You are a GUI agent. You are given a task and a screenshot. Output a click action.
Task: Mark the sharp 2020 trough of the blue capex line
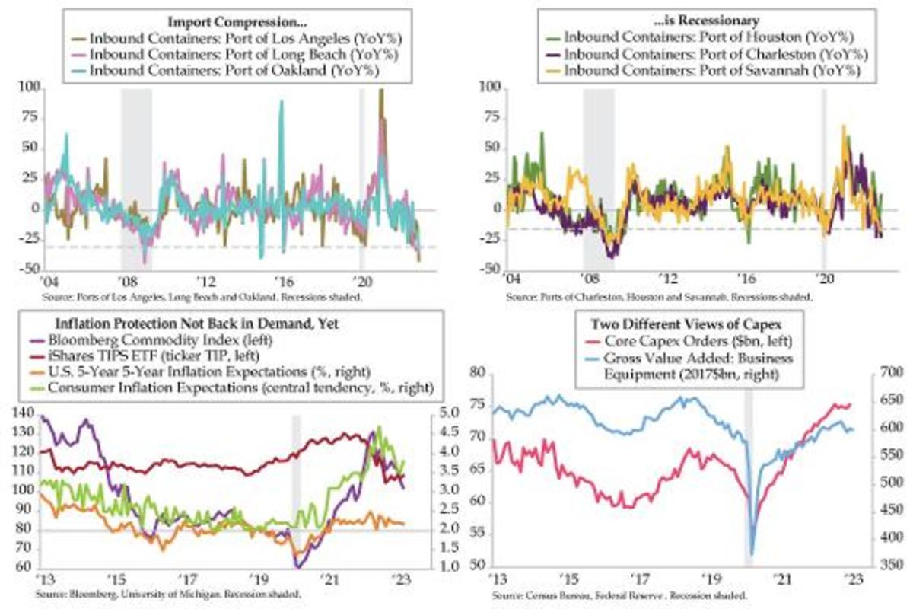[752, 554]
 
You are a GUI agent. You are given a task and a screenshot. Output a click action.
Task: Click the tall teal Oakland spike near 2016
[282, 102]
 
